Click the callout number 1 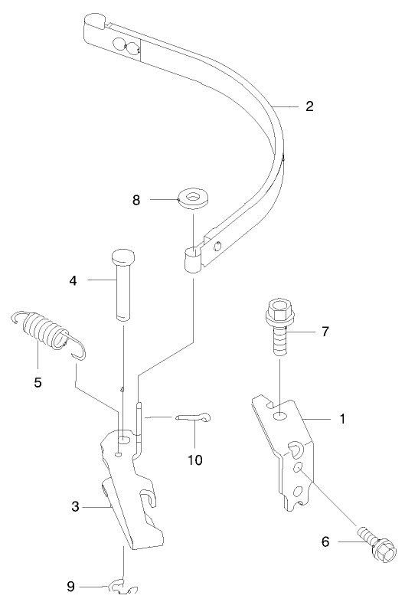point(342,419)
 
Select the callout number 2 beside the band point(309,106)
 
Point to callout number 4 point(73,280)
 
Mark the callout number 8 point(137,201)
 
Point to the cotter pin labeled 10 point(195,417)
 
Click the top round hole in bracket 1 point(282,415)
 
